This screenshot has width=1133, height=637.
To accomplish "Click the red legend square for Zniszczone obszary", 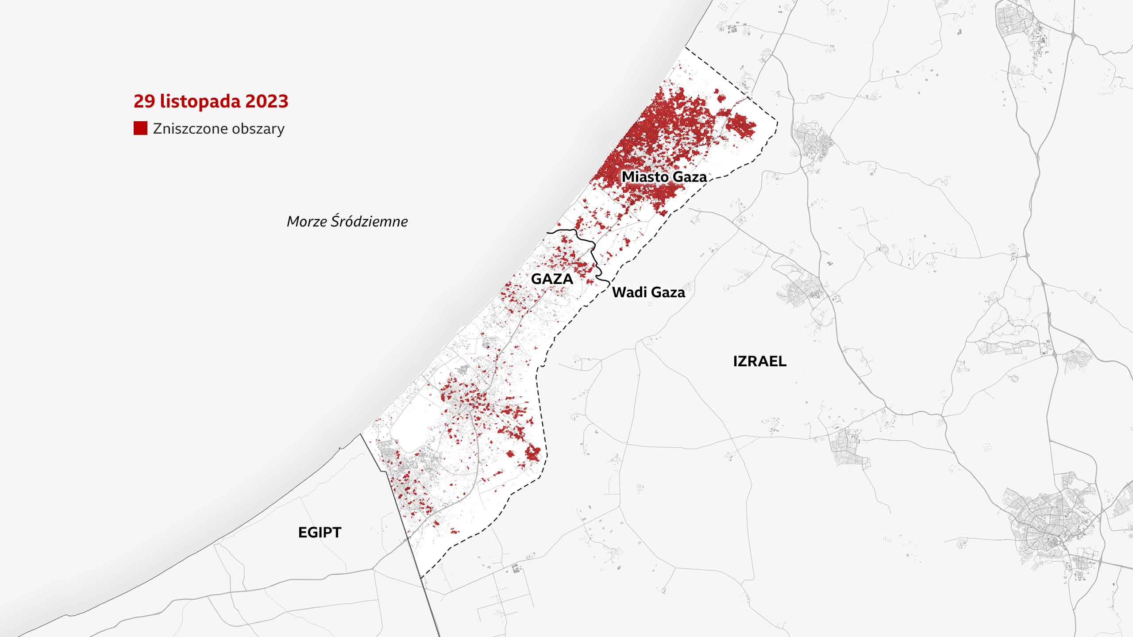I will [x=140, y=128].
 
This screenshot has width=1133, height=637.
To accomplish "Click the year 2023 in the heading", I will [x=266, y=101].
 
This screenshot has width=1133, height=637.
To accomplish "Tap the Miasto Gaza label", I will [x=664, y=177].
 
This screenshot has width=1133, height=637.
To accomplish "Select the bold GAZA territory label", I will [x=552, y=279].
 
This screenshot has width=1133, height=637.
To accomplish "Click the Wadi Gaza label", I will [x=648, y=292].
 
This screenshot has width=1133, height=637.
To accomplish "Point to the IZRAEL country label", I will [x=759, y=361].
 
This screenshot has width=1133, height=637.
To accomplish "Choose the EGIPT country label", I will [x=320, y=532].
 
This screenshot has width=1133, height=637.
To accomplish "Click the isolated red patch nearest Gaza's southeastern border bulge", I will [x=533, y=453].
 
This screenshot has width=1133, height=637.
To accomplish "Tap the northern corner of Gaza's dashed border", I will [x=686, y=47].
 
